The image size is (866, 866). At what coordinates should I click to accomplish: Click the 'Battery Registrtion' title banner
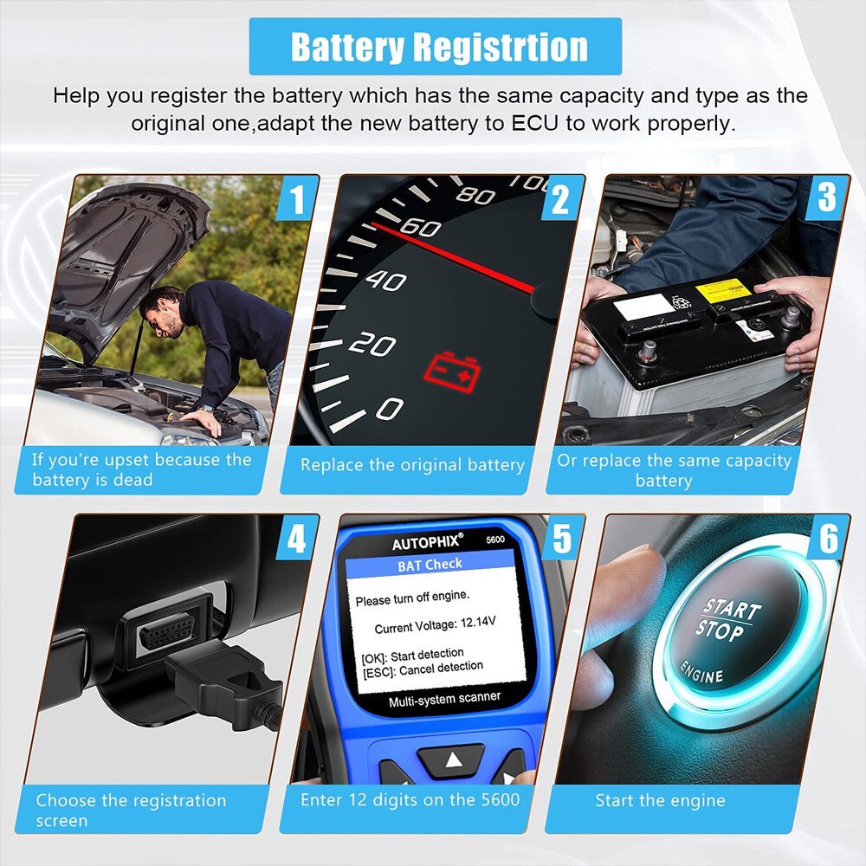tap(435, 46)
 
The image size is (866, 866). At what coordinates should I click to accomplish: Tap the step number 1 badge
tap(298, 201)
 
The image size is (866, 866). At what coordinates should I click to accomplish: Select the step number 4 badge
tap(297, 540)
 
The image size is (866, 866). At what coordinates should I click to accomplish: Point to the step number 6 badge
tap(829, 539)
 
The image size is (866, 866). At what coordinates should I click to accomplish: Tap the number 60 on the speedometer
tap(422, 229)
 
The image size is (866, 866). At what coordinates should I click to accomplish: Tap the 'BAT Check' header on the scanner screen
tap(430, 564)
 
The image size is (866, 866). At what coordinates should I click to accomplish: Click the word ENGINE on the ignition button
tap(701, 672)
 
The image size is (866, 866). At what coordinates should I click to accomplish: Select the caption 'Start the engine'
tap(660, 800)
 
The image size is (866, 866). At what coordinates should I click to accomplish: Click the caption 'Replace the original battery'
tap(412, 465)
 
